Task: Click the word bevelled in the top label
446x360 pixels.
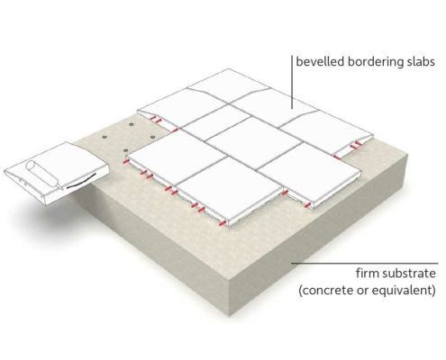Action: click(x=320, y=61)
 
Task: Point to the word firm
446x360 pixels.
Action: click(x=365, y=274)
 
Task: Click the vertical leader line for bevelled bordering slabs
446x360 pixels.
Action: click(x=292, y=82)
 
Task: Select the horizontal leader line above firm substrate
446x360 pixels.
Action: click(x=365, y=264)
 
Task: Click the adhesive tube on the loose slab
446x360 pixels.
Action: click(x=43, y=175)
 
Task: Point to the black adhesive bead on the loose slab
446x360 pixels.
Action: click(x=81, y=182)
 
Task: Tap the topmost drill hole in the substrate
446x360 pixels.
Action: click(x=131, y=124)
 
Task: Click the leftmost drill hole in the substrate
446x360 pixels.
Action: click(x=105, y=137)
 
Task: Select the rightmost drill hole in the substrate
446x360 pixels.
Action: click(x=153, y=137)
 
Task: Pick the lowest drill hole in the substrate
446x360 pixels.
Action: click(x=125, y=150)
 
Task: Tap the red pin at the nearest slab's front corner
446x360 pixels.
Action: click(x=223, y=222)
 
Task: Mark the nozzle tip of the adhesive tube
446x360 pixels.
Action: click(x=62, y=189)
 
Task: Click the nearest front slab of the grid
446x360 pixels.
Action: click(x=230, y=190)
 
